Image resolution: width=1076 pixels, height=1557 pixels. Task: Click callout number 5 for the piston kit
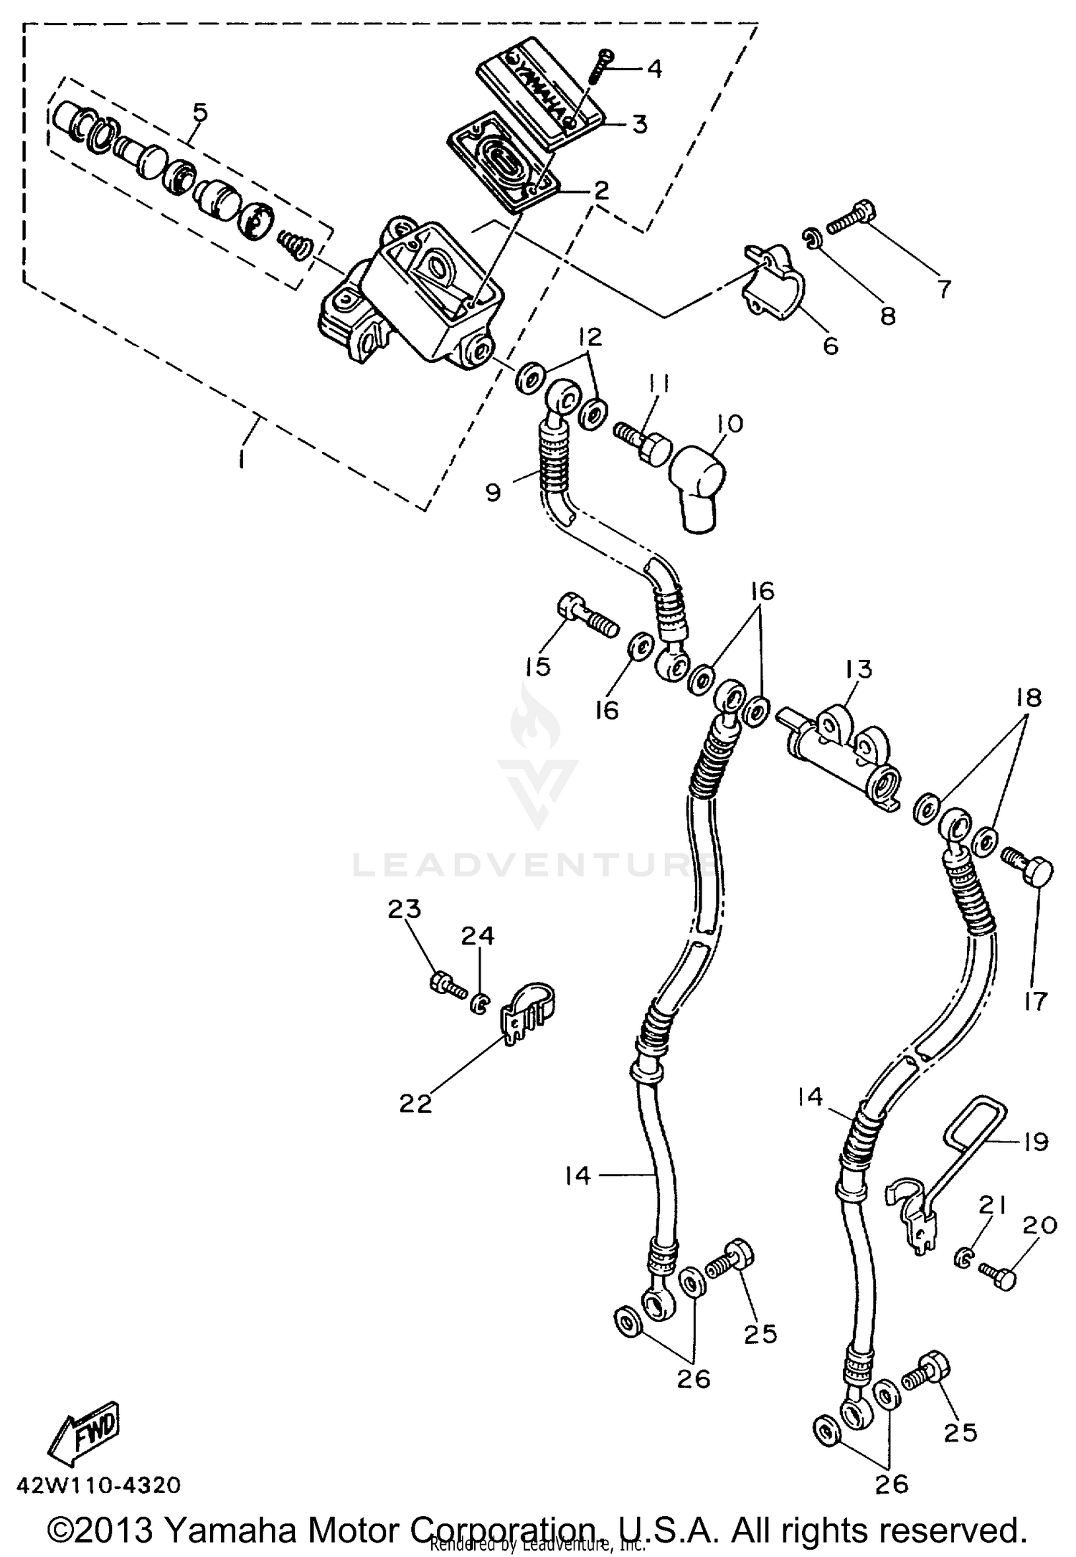pyautogui.click(x=199, y=113)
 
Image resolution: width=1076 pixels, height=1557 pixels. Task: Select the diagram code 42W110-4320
pyautogui.click(x=98, y=1485)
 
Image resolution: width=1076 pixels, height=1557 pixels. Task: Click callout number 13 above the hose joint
pyautogui.click(x=859, y=669)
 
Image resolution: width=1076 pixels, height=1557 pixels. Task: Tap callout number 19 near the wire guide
pyautogui.click(x=1035, y=1141)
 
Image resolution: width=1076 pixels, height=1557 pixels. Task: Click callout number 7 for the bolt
pyautogui.click(x=944, y=289)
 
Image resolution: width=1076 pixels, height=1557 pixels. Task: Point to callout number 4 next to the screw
pyautogui.click(x=653, y=69)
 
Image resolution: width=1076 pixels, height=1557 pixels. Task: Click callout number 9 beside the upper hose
pyautogui.click(x=493, y=493)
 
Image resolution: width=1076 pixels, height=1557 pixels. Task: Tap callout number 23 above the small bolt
pyautogui.click(x=405, y=909)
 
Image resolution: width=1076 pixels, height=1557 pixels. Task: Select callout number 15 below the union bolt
pyautogui.click(x=537, y=666)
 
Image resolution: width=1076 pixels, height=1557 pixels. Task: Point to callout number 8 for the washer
pyautogui.click(x=888, y=316)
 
